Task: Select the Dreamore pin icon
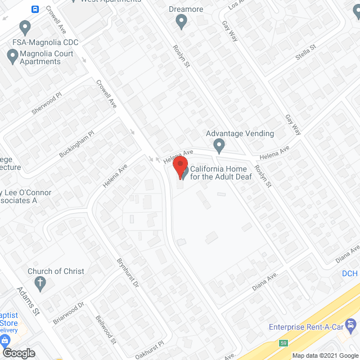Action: (x=181, y=22)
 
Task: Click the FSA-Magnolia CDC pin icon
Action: (x=24, y=27)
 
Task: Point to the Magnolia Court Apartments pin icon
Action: (x=12, y=56)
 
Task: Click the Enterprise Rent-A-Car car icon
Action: (x=352, y=325)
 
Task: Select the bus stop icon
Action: (x=35, y=10)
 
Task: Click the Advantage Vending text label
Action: (x=240, y=133)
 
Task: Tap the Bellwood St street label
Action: (x=106, y=330)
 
